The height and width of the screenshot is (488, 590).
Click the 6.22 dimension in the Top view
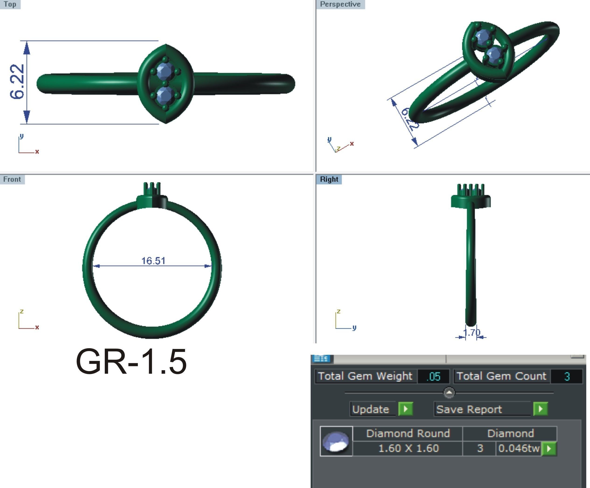pyautogui.click(x=17, y=82)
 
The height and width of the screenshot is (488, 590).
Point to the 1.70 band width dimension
pyautogui.click(x=471, y=333)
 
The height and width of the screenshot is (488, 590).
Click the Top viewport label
pyautogui.click(x=10, y=4)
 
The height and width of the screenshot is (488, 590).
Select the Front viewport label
pyautogui.click(x=12, y=179)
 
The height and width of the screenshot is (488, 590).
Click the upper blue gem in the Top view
pyautogui.click(x=165, y=72)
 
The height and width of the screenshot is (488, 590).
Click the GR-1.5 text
pyautogui.click(x=131, y=362)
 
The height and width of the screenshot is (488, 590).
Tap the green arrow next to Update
pyautogui.click(x=406, y=409)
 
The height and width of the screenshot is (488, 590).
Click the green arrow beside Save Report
pyautogui.click(x=541, y=409)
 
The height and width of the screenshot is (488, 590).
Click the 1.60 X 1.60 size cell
pyautogui.click(x=408, y=448)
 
